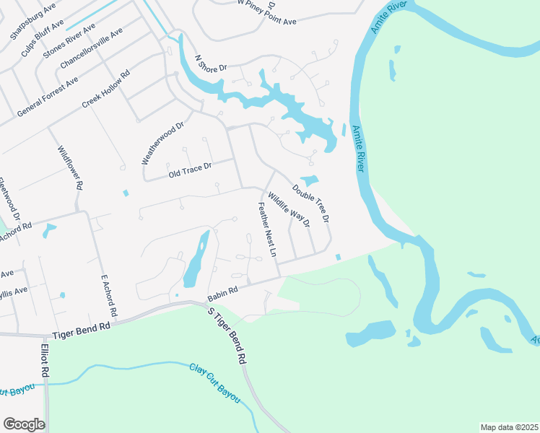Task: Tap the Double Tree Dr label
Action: click(311, 204)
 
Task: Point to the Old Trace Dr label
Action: click(189, 170)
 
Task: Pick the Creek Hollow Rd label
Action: click(105, 89)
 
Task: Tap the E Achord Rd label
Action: click(108, 297)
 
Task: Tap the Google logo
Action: click(24, 424)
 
